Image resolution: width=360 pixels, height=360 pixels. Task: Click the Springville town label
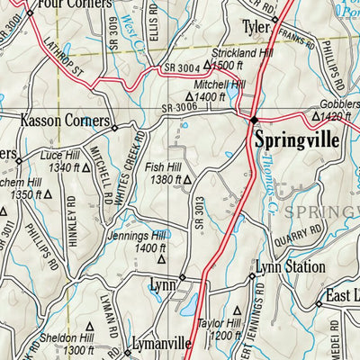[x=296, y=139]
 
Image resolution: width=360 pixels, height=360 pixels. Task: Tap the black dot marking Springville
[x=255, y=120]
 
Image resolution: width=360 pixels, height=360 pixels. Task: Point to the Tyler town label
[x=256, y=27]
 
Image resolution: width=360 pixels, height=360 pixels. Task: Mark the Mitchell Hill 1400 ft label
[x=205, y=90]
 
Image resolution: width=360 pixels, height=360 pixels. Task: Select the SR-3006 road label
[x=179, y=107]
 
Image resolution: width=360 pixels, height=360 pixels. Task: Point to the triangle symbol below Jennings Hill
[x=162, y=258]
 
